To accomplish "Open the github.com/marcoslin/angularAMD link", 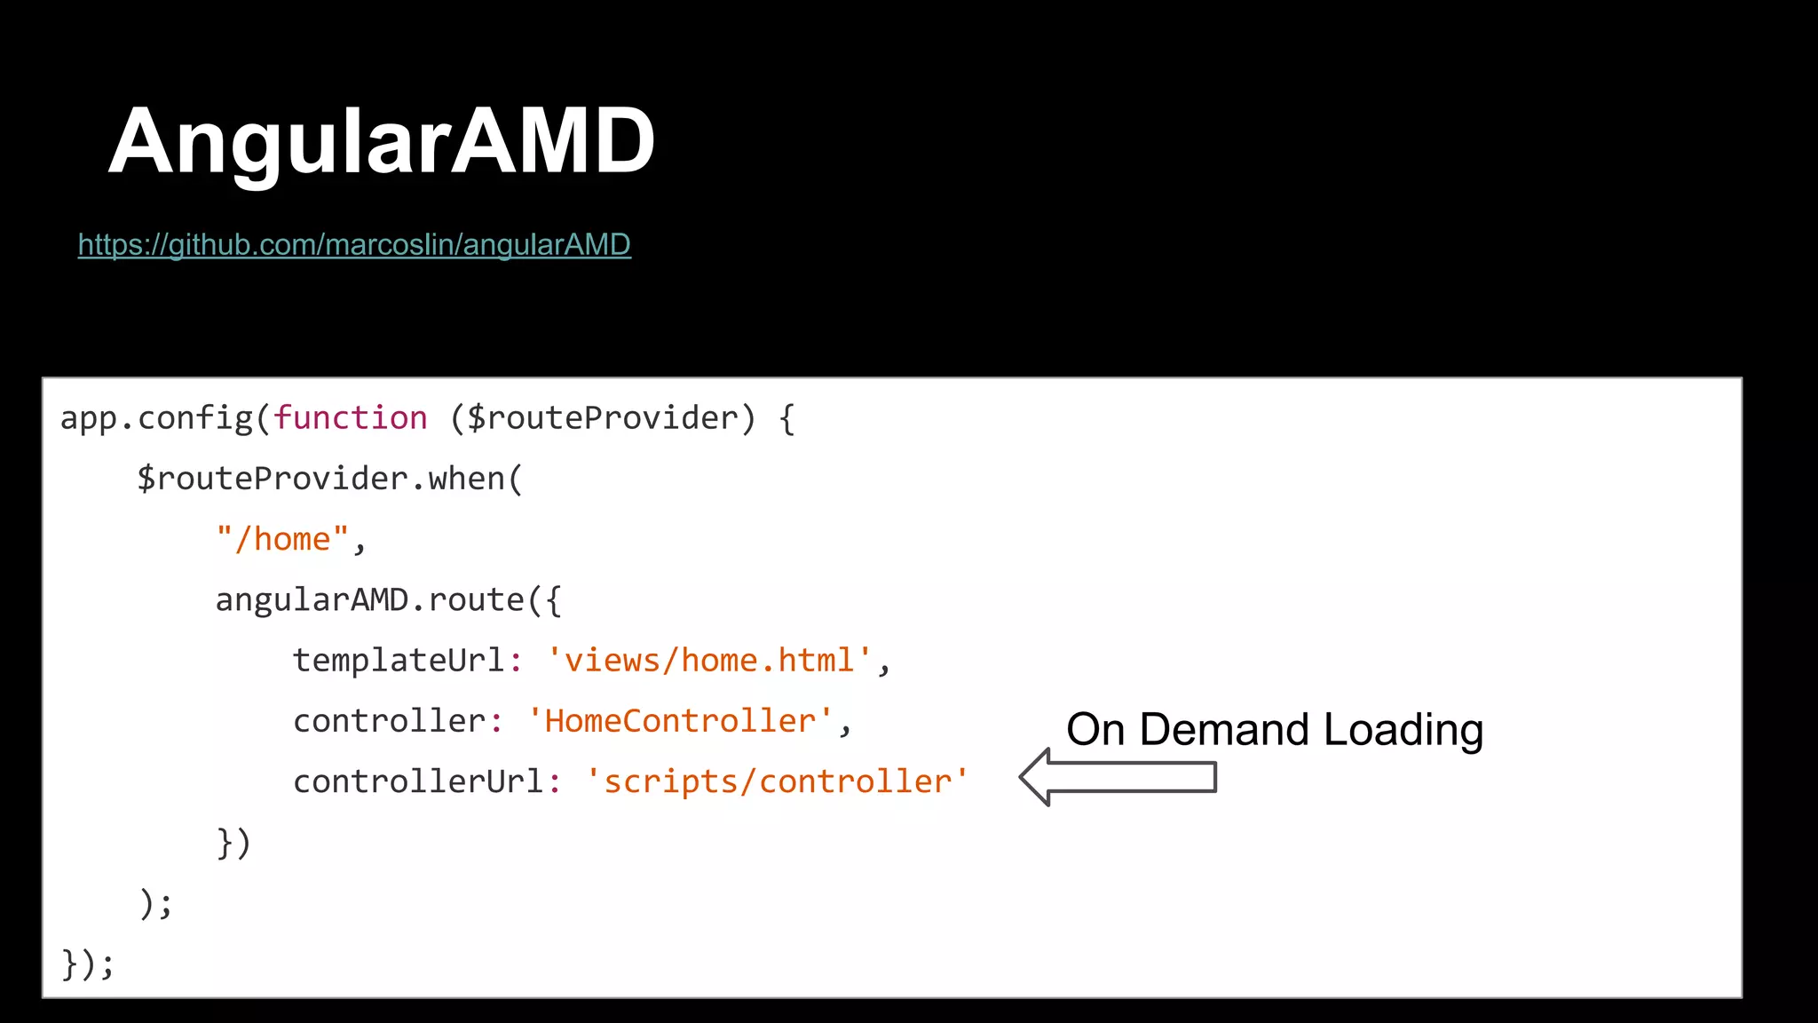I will tap(354, 244).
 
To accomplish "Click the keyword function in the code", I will tap(350, 418).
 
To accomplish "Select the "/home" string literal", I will tap(282, 539).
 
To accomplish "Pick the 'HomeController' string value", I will tap(680, 721).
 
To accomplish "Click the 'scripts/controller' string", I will tap(777, 781).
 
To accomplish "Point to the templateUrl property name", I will tap(399, 661).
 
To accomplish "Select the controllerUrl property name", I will tap(418, 781).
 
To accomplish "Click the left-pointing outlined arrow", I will tap(1118, 777).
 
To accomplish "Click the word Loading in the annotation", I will tap(1403, 730).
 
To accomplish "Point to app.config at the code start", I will tap(156, 418).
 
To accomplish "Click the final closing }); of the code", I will tap(87, 964).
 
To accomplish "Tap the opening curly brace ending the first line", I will tap(786, 418).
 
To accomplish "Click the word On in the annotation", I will tap(1095, 730).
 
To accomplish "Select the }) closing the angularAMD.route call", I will tap(233, 842).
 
